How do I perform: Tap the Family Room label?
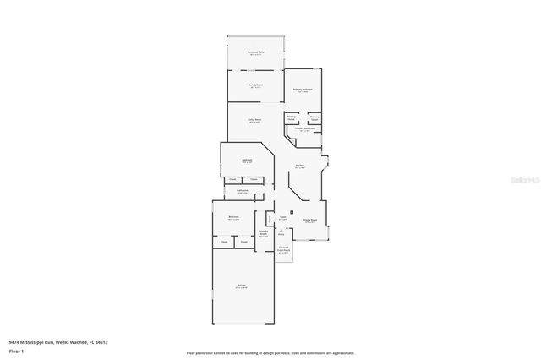[254, 86]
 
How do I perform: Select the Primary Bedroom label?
[303, 89]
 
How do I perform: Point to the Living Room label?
[254, 120]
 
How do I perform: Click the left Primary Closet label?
[291, 119]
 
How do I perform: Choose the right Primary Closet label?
[314, 119]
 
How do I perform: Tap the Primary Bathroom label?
[305, 129]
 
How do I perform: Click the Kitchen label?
[300, 166]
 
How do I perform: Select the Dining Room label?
[310, 219]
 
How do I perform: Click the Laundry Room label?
[263, 233]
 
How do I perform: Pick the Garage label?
[241, 288]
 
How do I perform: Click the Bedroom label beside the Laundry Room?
[234, 218]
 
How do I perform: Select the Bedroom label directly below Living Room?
[247, 161]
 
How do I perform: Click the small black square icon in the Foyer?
[292, 211]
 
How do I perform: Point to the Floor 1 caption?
[17, 350]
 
